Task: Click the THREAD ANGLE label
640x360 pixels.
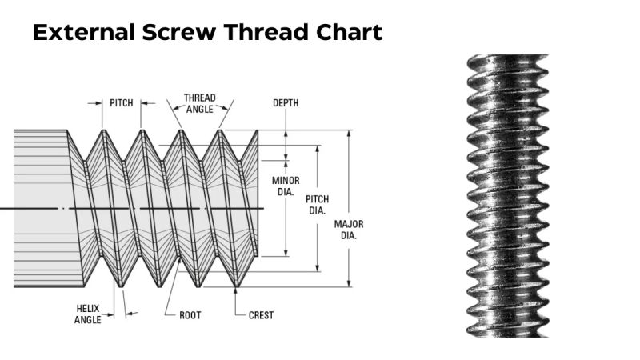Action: tap(199, 103)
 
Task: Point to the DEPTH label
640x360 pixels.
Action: tap(286, 103)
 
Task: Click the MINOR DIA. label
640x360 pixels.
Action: tap(286, 186)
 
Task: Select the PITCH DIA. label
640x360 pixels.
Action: tap(318, 205)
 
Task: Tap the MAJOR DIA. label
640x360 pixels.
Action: tap(349, 230)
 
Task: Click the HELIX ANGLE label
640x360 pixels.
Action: tap(88, 314)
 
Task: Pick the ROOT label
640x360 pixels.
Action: tap(190, 315)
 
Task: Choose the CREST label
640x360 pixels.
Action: tap(261, 315)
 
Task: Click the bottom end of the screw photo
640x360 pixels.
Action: tap(507, 331)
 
